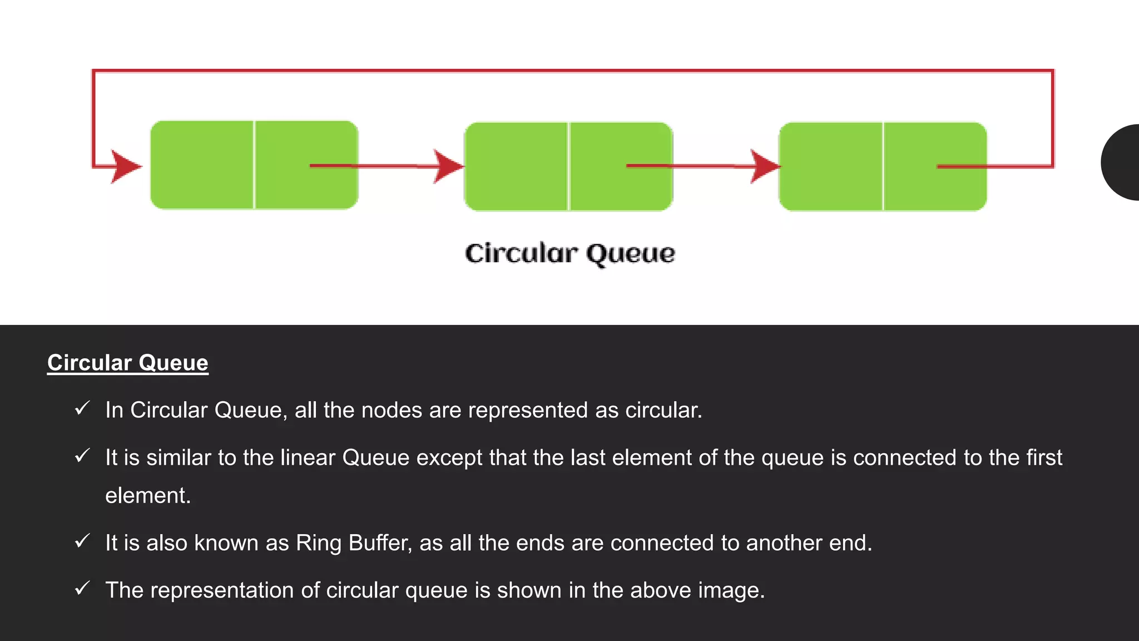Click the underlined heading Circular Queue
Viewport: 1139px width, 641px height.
pyautogui.click(x=127, y=363)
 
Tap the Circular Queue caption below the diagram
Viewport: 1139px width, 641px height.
pyautogui.click(x=570, y=254)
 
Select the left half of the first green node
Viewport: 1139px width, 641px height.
pyautogui.click(x=201, y=165)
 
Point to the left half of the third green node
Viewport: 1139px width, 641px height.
pyautogui.click(x=830, y=166)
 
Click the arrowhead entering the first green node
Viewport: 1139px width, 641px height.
pyautogui.click(x=126, y=166)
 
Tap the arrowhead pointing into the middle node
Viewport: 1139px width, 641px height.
pyautogui.click(x=448, y=166)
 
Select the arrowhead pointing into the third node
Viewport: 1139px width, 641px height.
pyautogui.click(x=765, y=166)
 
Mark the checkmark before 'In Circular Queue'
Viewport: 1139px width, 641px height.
pyautogui.click(x=82, y=409)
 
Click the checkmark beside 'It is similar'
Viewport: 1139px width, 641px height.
pyautogui.click(x=82, y=456)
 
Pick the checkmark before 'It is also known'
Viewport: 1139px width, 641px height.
pyautogui.click(x=82, y=541)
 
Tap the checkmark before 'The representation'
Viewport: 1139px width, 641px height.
pyautogui.click(x=82, y=589)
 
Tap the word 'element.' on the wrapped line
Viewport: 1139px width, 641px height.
pyautogui.click(x=148, y=496)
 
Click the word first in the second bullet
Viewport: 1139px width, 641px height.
pyautogui.click(x=1044, y=458)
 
